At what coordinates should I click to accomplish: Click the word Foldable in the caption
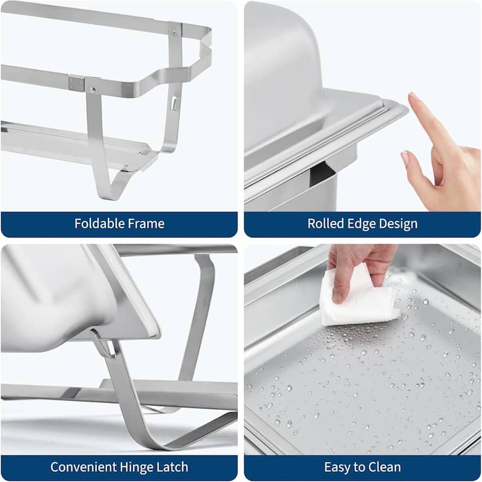coord(98,224)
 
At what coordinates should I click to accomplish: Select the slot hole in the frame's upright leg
coord(174,103)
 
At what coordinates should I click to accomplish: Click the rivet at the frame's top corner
coord(175,28)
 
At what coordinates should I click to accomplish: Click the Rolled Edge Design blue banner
coord(362,224)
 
